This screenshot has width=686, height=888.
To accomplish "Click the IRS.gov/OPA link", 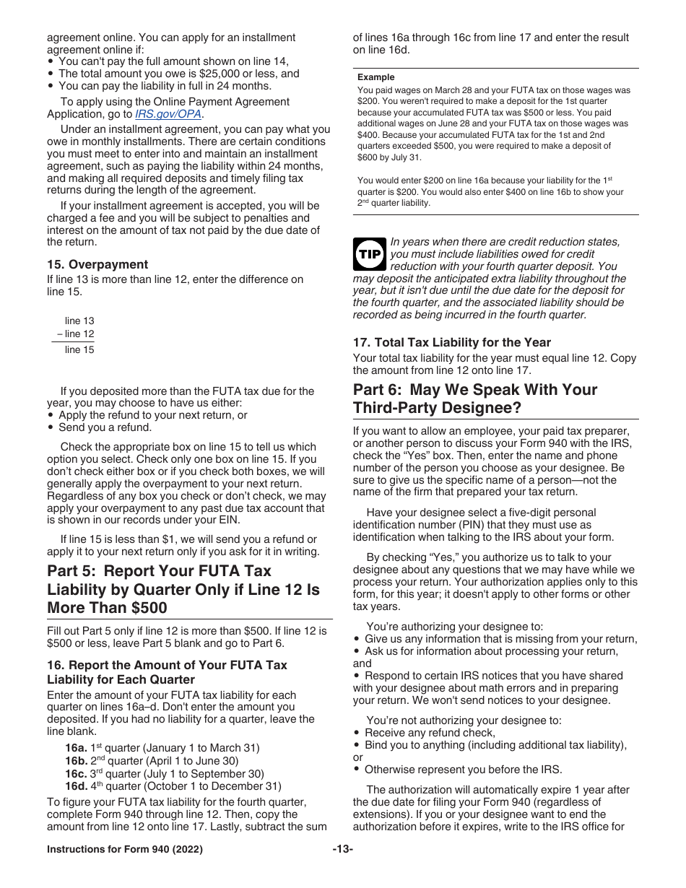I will (x=169, y=114).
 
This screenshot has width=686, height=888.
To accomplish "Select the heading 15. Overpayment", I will (x=97, y=264).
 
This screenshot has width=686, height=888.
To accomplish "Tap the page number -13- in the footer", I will (x=342, y=850).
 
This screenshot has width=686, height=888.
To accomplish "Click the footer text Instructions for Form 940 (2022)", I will (x=125, y=850).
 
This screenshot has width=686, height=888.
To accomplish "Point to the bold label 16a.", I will (x=76, y=748).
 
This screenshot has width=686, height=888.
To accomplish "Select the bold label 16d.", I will (x=76, y=787).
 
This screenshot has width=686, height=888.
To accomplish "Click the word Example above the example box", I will (x=376, y=77).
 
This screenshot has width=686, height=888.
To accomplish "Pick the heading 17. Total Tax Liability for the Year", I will (x=452, y=342).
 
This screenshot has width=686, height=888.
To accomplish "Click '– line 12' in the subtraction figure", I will (x=76, y=334).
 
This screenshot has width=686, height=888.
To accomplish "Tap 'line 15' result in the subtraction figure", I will (x=79, y=350).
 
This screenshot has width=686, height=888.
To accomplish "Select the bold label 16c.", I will (x=76, y=774).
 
